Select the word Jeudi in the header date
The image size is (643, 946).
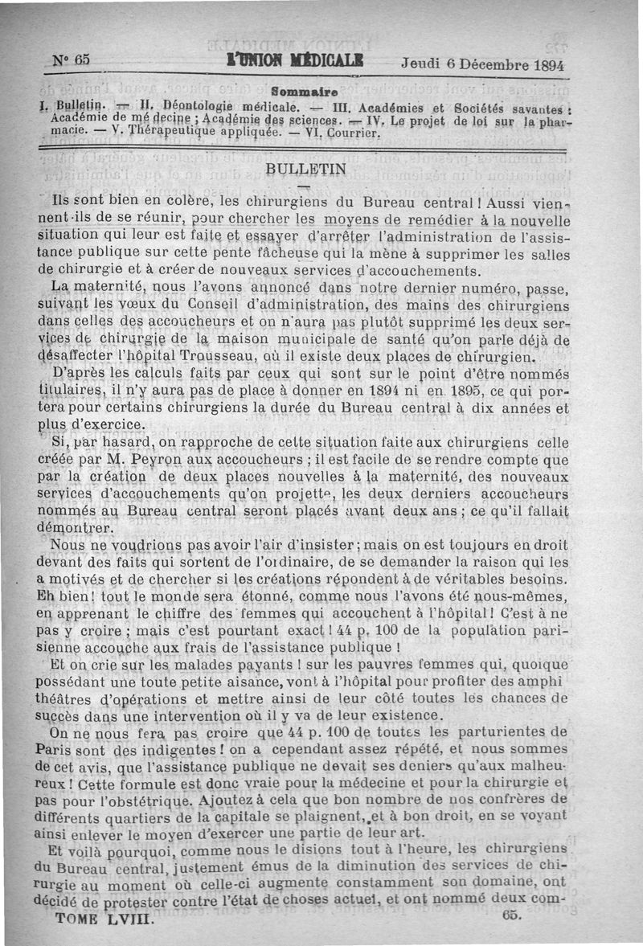point(420,65)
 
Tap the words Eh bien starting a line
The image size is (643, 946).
point(61,599)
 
